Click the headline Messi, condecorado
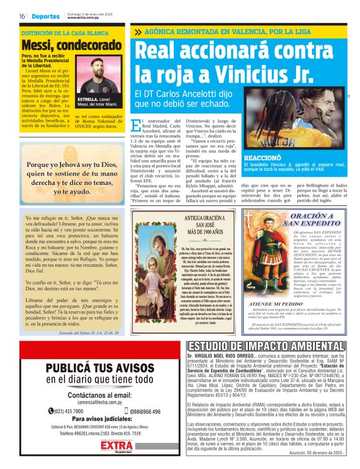tap(61, 45)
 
